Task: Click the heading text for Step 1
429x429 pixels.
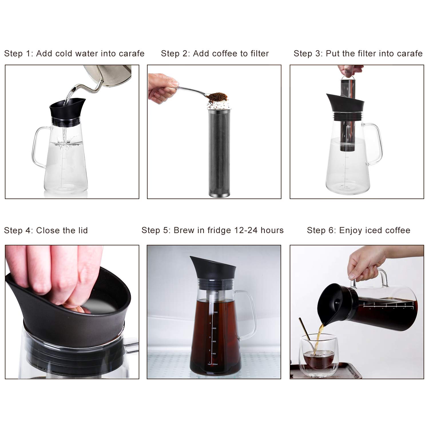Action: point(74,53)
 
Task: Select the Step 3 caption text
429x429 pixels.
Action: point(358,53)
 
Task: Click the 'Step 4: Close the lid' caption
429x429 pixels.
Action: point(46,230)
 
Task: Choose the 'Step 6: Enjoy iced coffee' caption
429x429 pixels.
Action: point(358,230)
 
